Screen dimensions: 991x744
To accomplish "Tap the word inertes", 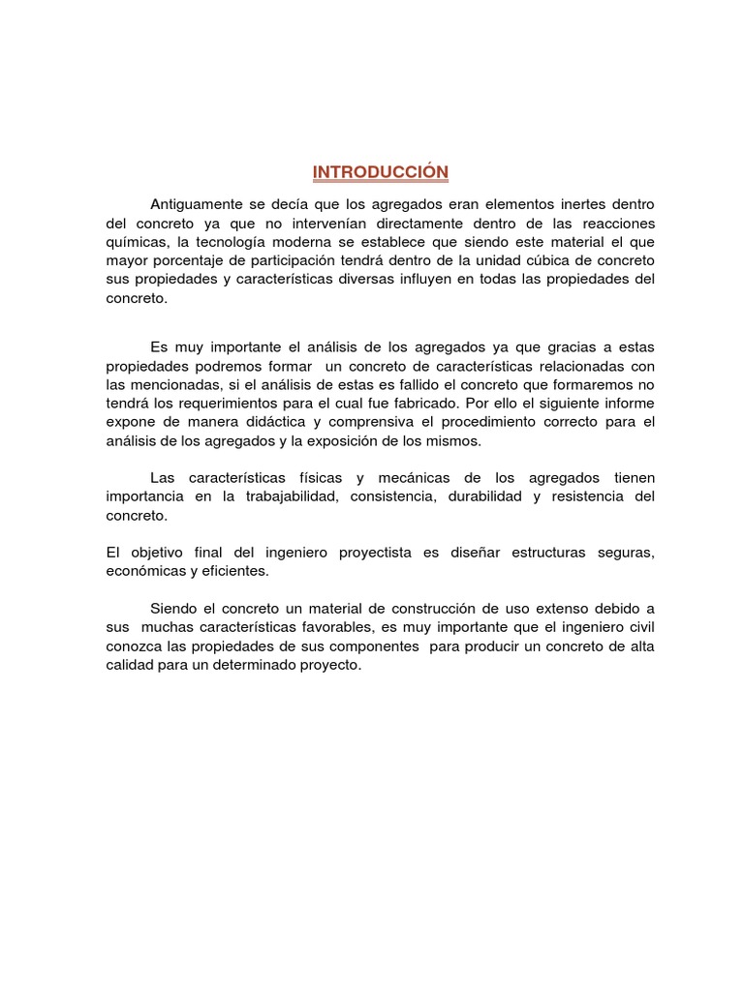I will pyautogui.click(x=582, y=205).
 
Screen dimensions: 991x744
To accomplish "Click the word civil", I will pyautogui.click(x=636, y=627).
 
